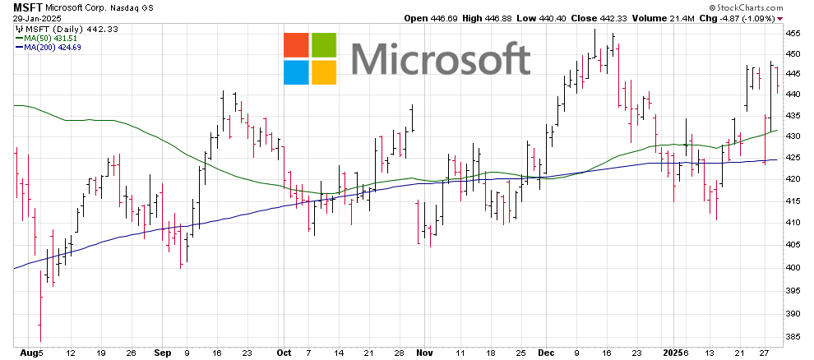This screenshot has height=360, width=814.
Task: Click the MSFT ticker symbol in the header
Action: [x=27, y=6]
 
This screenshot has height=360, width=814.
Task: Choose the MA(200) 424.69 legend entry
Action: [x=52, y=47]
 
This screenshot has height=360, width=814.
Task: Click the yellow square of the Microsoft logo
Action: [x=324, y=73]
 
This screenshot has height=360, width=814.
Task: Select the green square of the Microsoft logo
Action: [x=324, y=46]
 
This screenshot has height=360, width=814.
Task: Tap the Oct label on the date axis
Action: [x=284, y=353]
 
